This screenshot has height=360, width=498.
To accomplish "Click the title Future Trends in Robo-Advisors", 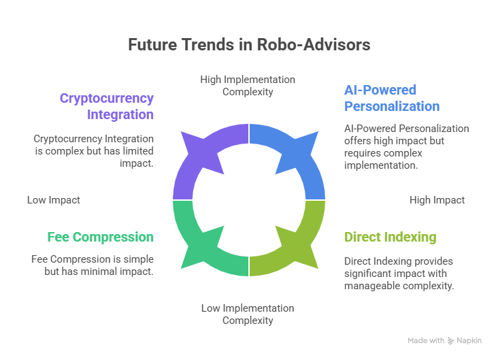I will coord(249,45).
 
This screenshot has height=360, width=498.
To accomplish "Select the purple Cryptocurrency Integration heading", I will coord(107,106).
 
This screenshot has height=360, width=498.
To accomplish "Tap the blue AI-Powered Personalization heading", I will coord(391,98).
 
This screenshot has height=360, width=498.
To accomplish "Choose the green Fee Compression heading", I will coord(100,237).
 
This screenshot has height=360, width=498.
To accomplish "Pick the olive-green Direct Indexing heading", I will coord(390,237).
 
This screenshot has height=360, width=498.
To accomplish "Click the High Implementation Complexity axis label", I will coord(248,86).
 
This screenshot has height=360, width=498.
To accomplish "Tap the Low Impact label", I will coord(54,200).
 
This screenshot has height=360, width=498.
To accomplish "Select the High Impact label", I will coord(437,200).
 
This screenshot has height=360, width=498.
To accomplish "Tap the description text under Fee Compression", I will coord(93,265).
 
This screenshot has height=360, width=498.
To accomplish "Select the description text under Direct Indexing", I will coord(399,274).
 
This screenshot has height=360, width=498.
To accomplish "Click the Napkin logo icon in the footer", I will coord(450,341).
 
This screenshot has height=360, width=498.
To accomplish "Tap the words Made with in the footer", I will coord(426,341).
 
